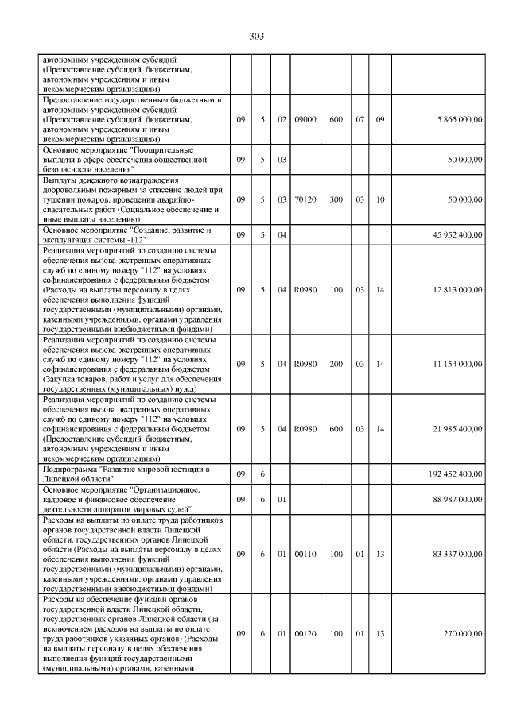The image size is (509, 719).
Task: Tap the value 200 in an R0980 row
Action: [x=336, y=363]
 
